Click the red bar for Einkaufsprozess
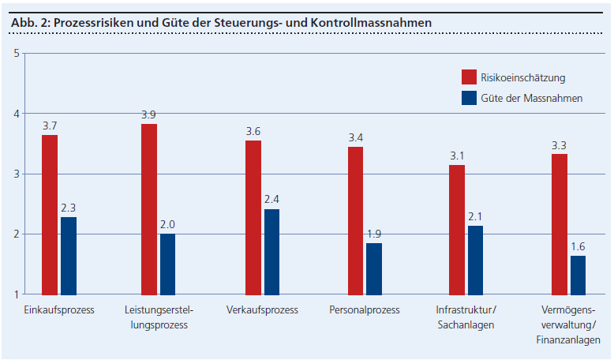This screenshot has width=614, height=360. point(50,215)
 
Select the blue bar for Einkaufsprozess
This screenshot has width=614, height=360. point(69,256)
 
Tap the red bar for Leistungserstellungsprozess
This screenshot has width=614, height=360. point(149,209)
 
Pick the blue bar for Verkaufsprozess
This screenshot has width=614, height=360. point(271,252)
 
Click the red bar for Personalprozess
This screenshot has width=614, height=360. point(355,220)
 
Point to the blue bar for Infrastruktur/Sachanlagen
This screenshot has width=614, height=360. point(475,260)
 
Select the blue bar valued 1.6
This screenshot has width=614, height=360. point(578,275)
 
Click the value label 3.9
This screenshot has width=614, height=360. point(148,114)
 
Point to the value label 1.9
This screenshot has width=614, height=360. point(374,234)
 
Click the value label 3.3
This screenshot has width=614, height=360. point(559,144)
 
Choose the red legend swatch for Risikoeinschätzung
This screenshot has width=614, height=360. point(470,77)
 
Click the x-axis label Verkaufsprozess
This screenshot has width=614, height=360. point(262,309)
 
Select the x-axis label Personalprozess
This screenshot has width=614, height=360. point(365,309)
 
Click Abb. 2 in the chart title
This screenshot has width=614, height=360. point(28,23)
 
